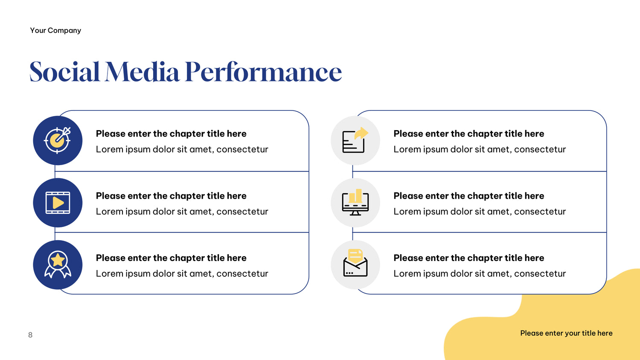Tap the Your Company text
pyautogui.click(x=55, y=30)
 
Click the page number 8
pyautogui.click(x=30, y=335)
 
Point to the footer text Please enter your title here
pyautogui.click(x=566, y=333)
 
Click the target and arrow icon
pyautogui.click(x=58, y=140)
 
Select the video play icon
pyautogui.click(x=58, y=203)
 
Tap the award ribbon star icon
pyautogui.click(x=58, y=264)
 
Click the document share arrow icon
pyautogui.click(x=355, y=140)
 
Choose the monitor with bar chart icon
pyautogui.click(x=355, y=202)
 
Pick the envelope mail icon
pyautogui.click(x=355, y=263)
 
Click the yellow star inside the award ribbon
pyautogui.click(x=58, y=260)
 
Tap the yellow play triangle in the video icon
pyautogui.click(x=58, y=203)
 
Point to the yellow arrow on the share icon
pyautogui.click(x=361, y=133)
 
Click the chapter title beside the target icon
pyautogui.click(x=171, y=134)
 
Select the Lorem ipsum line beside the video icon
pyautogui.click(x=182, y=212)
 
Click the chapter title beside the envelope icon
pyautogui.click(x=469, y=258)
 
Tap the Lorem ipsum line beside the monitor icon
pyautogui.click(x=480, y=212)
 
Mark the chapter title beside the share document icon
pyautogui.click(x=469, y=134)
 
